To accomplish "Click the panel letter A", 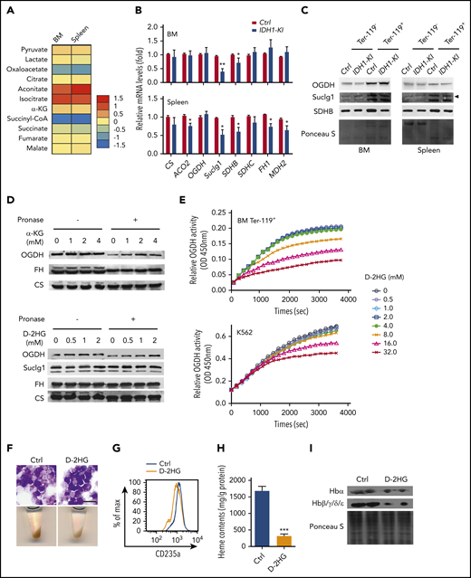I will [8, 11].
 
